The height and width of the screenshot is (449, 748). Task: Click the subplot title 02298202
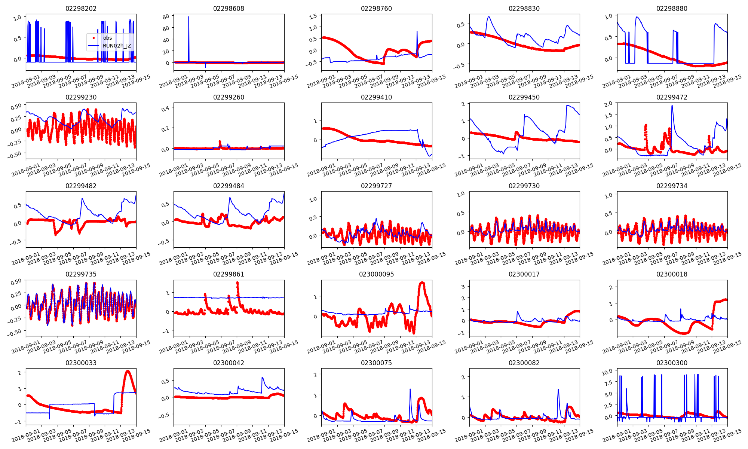(81, 9)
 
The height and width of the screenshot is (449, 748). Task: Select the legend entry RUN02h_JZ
(117, 46)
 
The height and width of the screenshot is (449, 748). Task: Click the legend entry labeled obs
(107, 38)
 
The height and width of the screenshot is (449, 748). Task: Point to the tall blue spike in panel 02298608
(188, 17)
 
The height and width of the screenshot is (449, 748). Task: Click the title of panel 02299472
(672, 97)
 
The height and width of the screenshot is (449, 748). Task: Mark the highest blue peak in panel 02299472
(672, 106)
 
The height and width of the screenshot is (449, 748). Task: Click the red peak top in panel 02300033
(128, 371)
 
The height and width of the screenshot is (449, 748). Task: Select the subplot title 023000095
(376, 274)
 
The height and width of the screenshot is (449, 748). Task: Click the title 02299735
(81, 274)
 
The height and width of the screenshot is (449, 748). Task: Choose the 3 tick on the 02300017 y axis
(463, 287)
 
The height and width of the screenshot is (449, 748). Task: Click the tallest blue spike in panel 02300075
(410, 389)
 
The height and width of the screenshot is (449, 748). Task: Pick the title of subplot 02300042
(229, 363)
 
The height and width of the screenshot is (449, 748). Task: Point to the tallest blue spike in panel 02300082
(558, 390)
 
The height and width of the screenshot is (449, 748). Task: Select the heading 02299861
(229, 274)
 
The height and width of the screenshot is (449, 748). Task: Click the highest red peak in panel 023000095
(422, 282)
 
